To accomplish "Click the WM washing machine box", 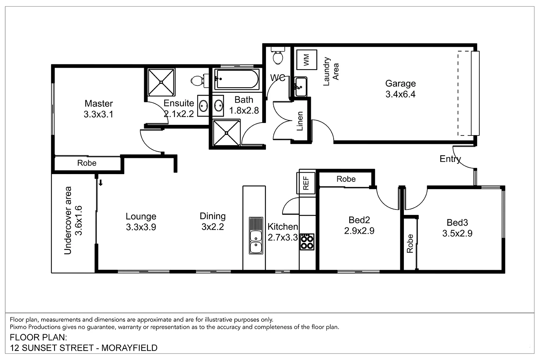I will [306, 59].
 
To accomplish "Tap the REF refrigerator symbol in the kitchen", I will [306, 183].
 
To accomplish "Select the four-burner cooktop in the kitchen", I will [307, 242].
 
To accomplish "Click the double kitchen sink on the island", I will [256, 236].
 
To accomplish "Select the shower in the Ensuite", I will [161, 82].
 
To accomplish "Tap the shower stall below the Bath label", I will [227, 133].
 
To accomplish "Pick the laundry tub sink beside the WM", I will [301, 87].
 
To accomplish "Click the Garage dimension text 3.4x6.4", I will [400, 95].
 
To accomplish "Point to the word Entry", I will [450, 159].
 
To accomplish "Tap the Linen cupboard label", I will [300, 121].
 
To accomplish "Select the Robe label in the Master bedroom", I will [87, 163].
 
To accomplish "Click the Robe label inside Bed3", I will [410, 243].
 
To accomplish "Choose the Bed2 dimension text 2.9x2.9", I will [359, 231].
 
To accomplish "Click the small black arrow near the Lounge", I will [100, 183].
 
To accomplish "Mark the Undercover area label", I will [68, 220].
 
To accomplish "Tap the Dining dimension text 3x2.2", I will [213, 227].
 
